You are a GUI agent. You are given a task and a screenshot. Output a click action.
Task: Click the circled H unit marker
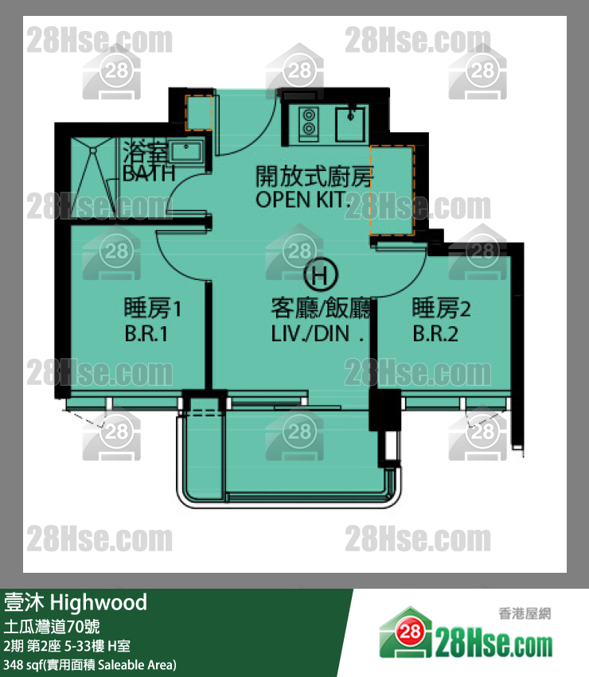click(320, 274)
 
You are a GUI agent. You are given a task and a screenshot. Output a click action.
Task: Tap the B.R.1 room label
click(146, 334)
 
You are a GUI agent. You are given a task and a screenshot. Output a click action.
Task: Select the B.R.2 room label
click(435, 334)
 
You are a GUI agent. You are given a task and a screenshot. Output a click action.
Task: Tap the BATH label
click(149, 173)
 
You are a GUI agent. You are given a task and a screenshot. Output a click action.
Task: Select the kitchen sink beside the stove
click(350, 124)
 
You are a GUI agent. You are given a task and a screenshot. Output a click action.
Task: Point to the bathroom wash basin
click(186, 151)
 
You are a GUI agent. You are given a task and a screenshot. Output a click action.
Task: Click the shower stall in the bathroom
click(92, 177)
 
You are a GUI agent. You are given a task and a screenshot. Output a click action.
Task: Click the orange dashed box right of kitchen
click(392, 190)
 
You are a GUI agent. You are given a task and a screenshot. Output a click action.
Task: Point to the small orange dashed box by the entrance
click(199, 113)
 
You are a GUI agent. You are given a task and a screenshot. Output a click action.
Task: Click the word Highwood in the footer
click(99, 603)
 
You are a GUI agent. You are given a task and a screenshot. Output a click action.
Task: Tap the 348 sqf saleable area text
click(90, 665)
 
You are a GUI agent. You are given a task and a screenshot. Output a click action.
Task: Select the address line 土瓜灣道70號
click(52, 627)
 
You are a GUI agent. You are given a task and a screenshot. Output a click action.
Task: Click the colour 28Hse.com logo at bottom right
click(466, 634)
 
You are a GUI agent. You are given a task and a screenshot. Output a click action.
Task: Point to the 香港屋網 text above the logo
click(525, 613)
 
